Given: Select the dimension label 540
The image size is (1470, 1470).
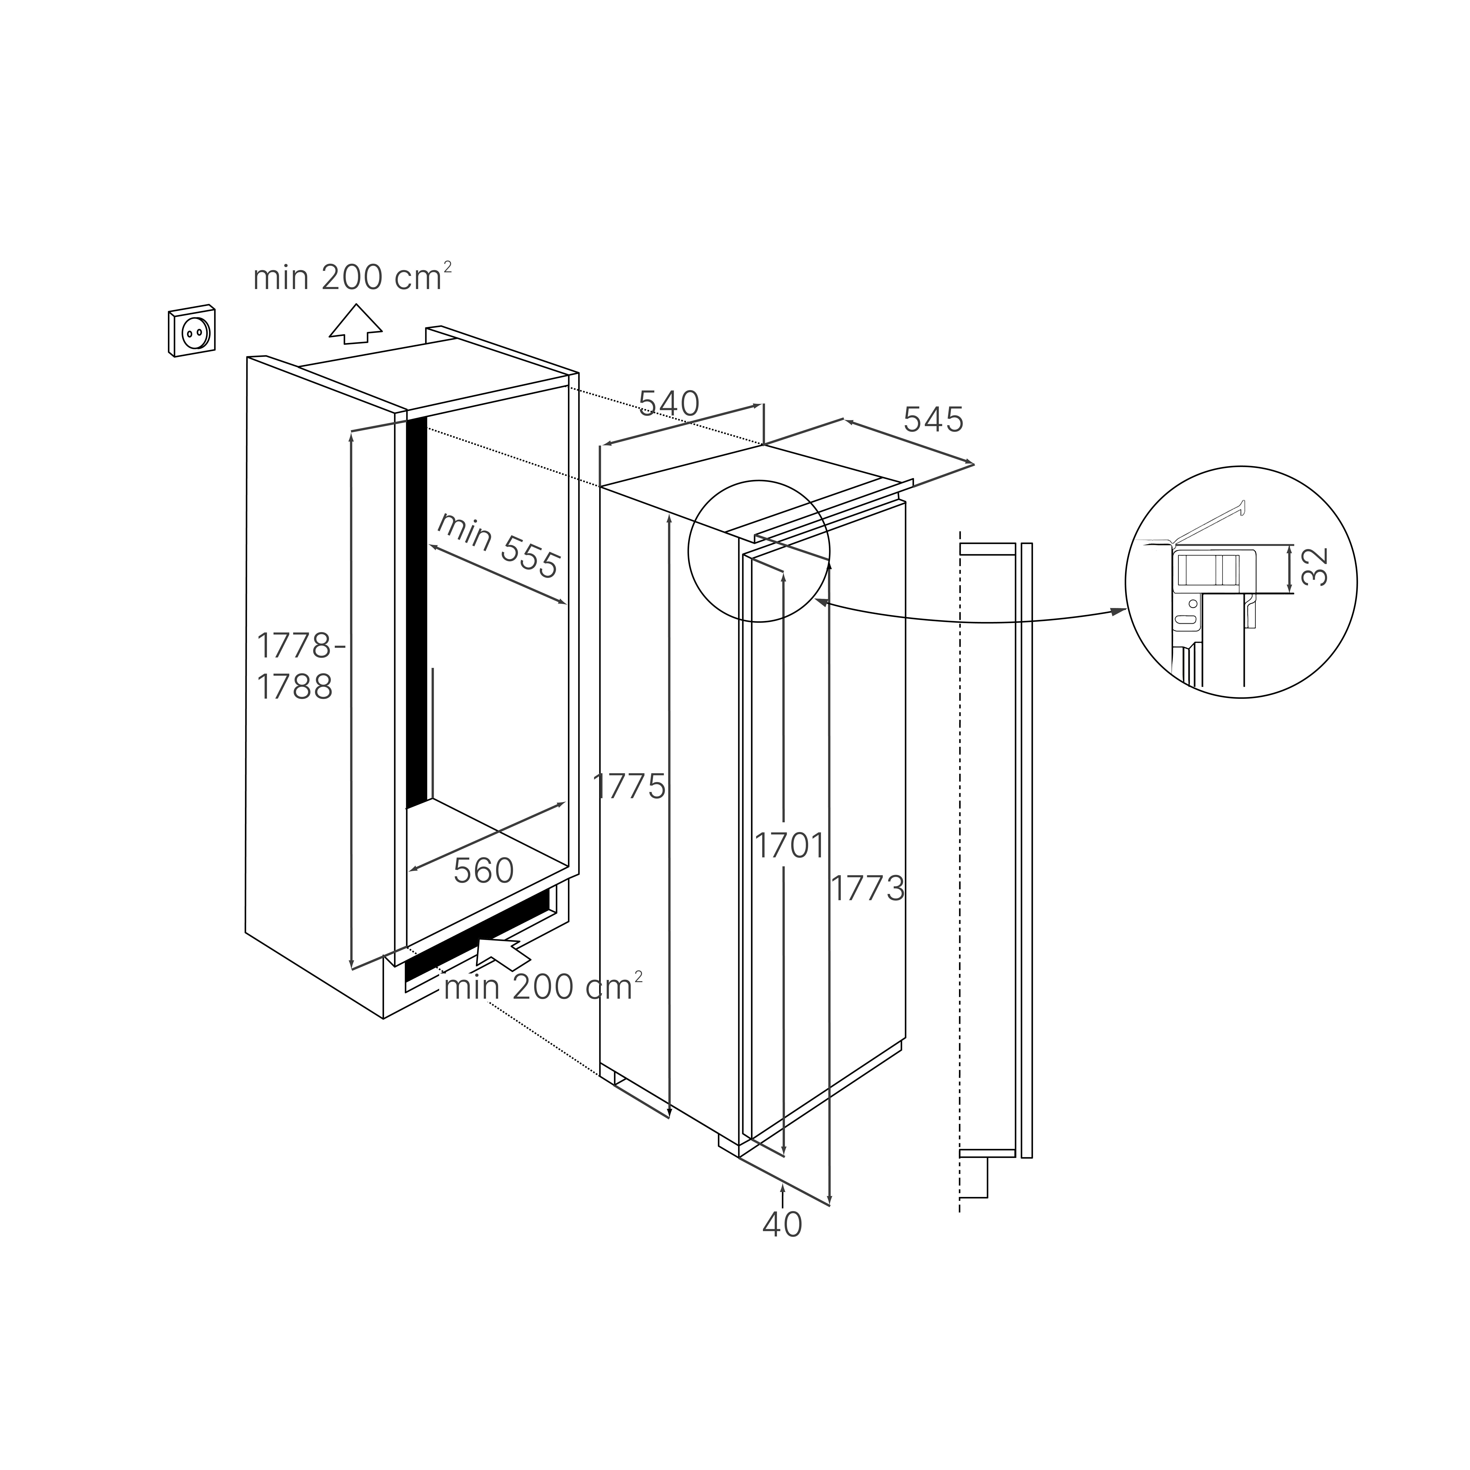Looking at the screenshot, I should click(668, 404).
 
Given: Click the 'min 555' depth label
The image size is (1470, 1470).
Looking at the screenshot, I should click(498, 545).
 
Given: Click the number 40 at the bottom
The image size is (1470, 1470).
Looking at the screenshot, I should click(782, 1224).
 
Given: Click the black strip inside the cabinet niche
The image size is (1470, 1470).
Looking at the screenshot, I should click(416, 609).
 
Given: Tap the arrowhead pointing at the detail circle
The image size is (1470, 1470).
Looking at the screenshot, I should click(1118, 611).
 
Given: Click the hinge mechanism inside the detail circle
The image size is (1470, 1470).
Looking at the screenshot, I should click(1207, 571).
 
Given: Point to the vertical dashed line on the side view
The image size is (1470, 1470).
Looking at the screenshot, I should click(960, 837).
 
